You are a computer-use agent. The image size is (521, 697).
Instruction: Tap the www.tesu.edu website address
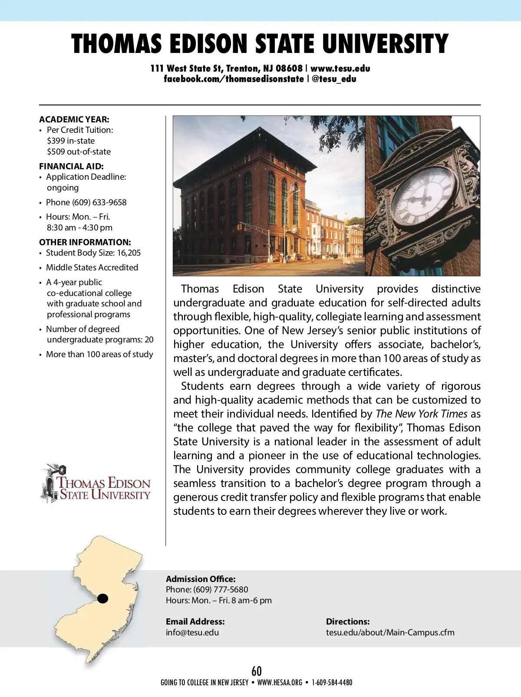(x=340, y=68)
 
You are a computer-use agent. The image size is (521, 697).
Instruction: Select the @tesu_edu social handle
(x=334, y=79)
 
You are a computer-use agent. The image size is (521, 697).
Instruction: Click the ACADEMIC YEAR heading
(x=74, y=119)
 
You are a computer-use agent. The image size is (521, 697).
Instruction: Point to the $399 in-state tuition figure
(x=71, y=141)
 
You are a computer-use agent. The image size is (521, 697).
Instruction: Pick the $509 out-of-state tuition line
(x=79, y=151)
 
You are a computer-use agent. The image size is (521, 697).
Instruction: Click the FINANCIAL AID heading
(x=71, y=166)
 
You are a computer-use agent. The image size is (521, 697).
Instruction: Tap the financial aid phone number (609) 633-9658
(x=99, y=202)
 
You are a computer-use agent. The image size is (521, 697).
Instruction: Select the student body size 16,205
(x=129, y=253)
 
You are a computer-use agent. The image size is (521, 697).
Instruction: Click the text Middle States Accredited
(x=92, y=267)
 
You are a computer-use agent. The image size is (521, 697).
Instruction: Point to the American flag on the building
(x=293, y=188)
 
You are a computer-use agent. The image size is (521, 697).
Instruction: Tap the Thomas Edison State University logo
(x=96, y=483)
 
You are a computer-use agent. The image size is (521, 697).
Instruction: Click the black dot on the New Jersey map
(x=102, y=598)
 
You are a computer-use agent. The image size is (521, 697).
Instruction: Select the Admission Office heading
(x=201, y=579)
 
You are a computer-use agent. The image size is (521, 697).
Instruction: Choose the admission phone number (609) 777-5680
(x=221, y=589)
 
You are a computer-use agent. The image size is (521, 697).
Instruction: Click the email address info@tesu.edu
(x=192, y=632)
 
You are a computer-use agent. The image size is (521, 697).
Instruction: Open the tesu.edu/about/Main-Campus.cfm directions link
(x=390, y=632)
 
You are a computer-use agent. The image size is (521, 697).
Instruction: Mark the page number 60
(x=257, y=671)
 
